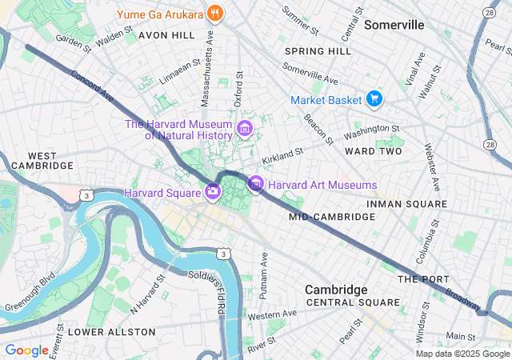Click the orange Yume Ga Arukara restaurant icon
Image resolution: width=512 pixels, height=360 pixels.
click(214, 14)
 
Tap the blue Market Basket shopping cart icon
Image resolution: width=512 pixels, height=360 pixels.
click(374, 99)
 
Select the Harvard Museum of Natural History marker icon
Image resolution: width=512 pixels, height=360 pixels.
click(245, 128)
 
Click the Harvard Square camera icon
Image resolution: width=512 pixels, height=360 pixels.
click(213, 191)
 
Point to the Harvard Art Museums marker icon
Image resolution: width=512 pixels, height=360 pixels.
click(256, 185)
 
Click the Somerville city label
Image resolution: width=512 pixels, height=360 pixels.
click(394, 25)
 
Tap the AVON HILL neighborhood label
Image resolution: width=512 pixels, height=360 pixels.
click(166, 36)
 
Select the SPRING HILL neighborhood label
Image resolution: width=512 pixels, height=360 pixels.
click(318, 51)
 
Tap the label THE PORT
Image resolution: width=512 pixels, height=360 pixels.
click(419, 279)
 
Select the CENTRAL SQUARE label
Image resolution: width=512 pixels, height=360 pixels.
click(352, 302)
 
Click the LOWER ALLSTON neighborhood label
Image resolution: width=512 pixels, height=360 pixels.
click(111, 331)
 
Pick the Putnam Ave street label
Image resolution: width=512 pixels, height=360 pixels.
click(263, 275)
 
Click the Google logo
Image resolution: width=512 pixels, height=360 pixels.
click(26, 350)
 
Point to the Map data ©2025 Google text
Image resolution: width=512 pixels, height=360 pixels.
click(462, 354)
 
